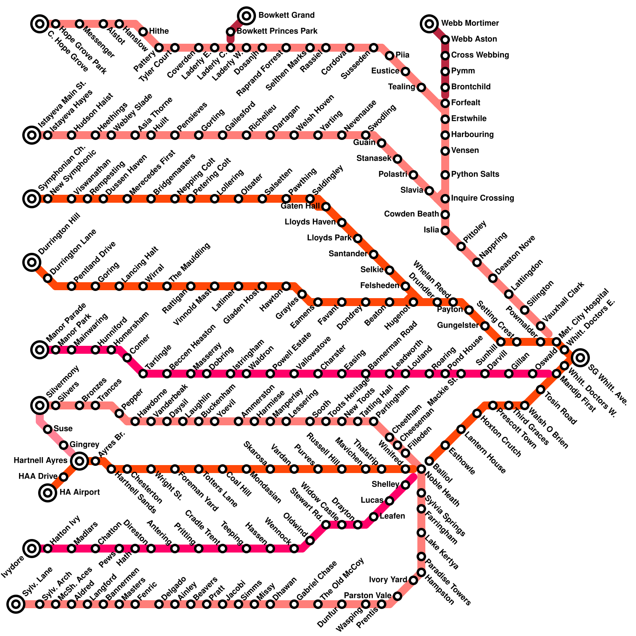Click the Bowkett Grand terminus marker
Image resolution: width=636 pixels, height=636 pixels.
click(246, 16)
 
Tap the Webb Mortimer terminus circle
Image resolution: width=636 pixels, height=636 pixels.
click(429, 24)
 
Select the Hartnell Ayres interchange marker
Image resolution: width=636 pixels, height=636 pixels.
click(79, 461)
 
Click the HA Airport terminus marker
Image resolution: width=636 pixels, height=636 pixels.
click(48, 493)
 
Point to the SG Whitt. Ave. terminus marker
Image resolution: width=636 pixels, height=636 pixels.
click(580, 358)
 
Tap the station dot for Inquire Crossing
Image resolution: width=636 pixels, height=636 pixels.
click(445, 199)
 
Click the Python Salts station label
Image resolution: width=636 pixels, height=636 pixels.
click(475, 175)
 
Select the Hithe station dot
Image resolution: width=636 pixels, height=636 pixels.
click(143, 32)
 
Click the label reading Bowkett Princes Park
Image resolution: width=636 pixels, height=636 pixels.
click(277, 31)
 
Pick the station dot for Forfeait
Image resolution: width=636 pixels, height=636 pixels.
click(445, 103)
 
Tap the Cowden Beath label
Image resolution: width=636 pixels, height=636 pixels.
click(411, 214)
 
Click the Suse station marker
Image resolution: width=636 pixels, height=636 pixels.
click(48, 429)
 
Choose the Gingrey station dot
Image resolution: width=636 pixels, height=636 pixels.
click(64, 445)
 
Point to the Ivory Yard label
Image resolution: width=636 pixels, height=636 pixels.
click(388, 580)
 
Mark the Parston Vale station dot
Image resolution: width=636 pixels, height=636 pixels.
click(397, 596)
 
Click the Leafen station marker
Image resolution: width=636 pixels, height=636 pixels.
click(374, 517)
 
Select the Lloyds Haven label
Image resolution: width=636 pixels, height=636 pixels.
click(310, 222)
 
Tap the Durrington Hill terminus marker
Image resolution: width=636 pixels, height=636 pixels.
click(32, 262)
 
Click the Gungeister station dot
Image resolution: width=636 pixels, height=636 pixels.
click(485, 326)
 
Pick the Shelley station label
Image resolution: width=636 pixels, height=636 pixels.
click(385, 485)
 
